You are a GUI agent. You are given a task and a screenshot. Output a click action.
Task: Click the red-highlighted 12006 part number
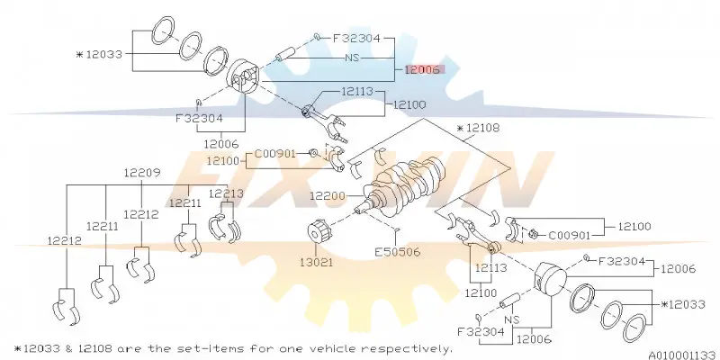[x=422, y=69]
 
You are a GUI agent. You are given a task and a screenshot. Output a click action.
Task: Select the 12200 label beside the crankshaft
[x=328, y=196]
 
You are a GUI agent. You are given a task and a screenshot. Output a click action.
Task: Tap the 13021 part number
[x=317, y=262]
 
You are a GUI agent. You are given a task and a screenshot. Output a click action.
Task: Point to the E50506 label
[x=398, y=252]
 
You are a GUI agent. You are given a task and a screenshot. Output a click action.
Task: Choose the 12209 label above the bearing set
[x=142, y=173]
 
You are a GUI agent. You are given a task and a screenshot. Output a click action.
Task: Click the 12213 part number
[x=226, y=193]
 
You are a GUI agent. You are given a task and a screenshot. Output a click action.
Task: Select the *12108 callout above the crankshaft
[x=478, y=128]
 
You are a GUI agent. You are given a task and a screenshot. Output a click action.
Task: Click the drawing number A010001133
[x=682, y=355]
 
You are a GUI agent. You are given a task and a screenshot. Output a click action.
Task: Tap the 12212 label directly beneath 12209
[x=141, y=214]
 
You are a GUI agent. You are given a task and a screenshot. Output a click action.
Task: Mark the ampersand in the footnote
[x=69, y=348]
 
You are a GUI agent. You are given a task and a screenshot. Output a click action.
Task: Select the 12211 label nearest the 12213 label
[x=185, y=203]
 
